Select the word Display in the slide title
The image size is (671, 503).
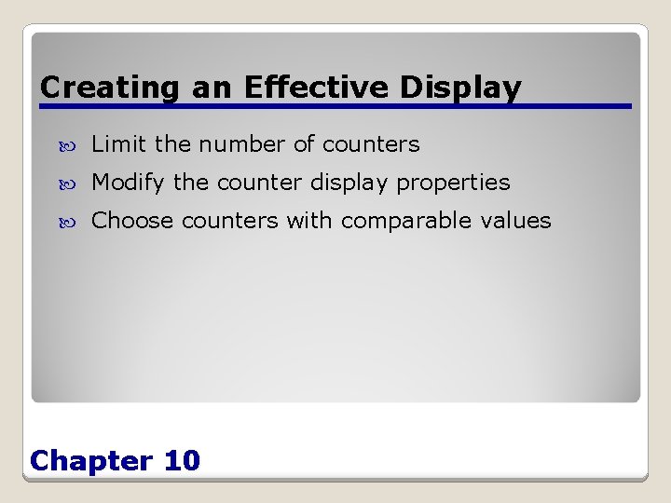pos(460,88)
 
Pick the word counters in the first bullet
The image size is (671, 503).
pos(371,145)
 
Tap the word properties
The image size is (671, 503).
pos(453,184)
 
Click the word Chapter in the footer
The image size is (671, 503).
pos(91,460)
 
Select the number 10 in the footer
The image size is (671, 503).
pos(181,460)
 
